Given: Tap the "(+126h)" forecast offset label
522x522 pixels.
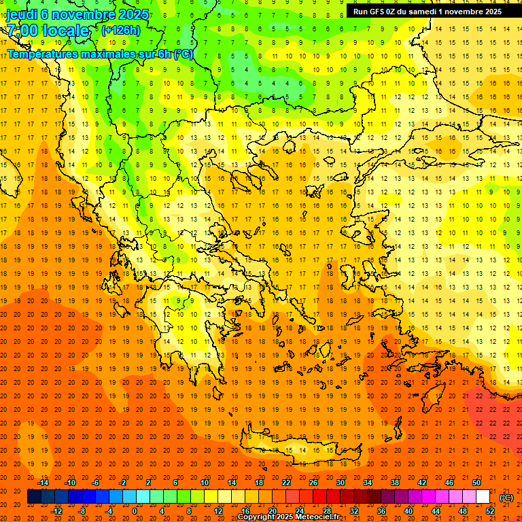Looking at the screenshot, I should pos(121,30).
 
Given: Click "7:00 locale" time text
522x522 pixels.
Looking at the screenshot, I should pos(48,31).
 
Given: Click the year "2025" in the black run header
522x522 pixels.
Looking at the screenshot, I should pos(489,11).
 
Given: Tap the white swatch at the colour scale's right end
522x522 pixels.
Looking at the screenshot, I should pos(483,497).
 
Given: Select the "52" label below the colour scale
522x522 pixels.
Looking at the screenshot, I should pos(490,510).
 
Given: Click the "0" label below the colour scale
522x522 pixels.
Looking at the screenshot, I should pos(135,510).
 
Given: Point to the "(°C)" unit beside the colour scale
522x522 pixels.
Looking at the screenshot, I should pos(506,498).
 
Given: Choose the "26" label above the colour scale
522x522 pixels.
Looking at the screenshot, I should pos(313,483).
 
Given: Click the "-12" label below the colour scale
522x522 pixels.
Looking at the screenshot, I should pos(56,510).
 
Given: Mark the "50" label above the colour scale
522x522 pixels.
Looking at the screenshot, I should pos(476,483).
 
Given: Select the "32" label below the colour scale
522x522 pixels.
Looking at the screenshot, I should pos(353,510).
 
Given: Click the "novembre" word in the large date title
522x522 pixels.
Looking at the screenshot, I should pos(83,14).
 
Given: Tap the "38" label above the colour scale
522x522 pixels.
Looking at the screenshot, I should pos(395,483).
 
